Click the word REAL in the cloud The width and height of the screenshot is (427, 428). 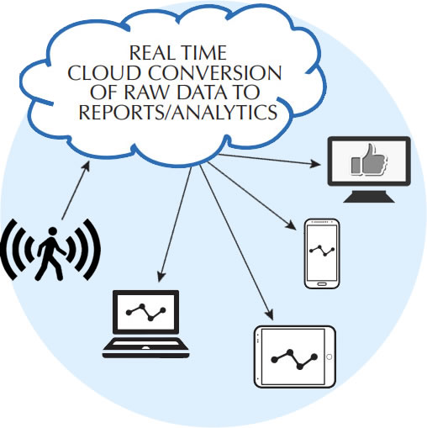click(149, 53)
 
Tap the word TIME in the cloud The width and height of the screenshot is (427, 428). click(204, 53)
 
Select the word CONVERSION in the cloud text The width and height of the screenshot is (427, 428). click(214, 73)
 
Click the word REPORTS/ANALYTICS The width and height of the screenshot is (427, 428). click(178, 112)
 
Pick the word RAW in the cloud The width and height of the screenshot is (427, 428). click(146, 92)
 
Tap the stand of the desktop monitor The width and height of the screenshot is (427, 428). click(369, 196)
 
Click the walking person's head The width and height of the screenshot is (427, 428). click(52, 231)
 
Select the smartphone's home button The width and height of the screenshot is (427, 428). click(322, 284)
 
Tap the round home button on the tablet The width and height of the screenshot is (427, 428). click(329, 357)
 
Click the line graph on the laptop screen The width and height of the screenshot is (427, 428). click(146, 312)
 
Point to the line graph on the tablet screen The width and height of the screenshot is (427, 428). click(294, 359)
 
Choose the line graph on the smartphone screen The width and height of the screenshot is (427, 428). click(322, 250)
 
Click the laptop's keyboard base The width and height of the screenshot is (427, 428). click(145, 347)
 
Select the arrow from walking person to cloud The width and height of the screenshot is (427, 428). click(76, 190)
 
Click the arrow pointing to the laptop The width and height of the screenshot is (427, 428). click(175, 225)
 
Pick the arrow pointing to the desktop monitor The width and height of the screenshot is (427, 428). click(270, 160)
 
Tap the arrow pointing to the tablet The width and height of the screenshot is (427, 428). click(236, 242)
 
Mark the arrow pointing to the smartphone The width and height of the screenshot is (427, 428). click(251, 196)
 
